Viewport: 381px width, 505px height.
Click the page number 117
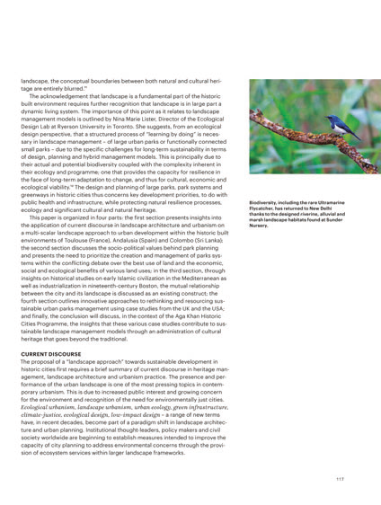pyautogui.click(x=339, y=477)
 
